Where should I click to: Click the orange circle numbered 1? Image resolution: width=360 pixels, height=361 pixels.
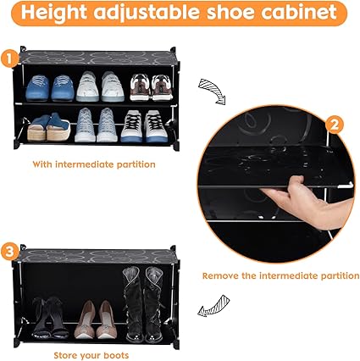9,58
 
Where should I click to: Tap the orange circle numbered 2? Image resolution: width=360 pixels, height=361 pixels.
334,125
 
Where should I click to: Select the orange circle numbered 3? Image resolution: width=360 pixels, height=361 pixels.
9,253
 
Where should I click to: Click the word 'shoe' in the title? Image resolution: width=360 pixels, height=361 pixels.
230,12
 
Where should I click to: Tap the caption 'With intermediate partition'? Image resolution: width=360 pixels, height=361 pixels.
94,164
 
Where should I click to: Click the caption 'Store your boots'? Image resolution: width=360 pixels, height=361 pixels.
91,355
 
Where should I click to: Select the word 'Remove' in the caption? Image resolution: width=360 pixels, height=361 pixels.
220,275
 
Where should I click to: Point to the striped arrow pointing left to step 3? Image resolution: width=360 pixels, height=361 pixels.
213,306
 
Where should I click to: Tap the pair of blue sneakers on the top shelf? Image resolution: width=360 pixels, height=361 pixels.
50,88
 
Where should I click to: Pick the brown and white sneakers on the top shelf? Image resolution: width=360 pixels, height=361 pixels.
151,87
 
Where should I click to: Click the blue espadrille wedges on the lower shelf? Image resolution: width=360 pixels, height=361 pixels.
49,127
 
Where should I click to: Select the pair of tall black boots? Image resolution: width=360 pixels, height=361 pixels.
144,304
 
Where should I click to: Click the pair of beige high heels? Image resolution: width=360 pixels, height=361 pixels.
96,319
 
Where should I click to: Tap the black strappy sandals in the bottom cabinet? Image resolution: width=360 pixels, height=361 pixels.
50,318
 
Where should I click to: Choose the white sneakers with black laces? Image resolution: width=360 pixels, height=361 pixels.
144,126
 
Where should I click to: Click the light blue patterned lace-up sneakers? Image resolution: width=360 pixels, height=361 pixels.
96,125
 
